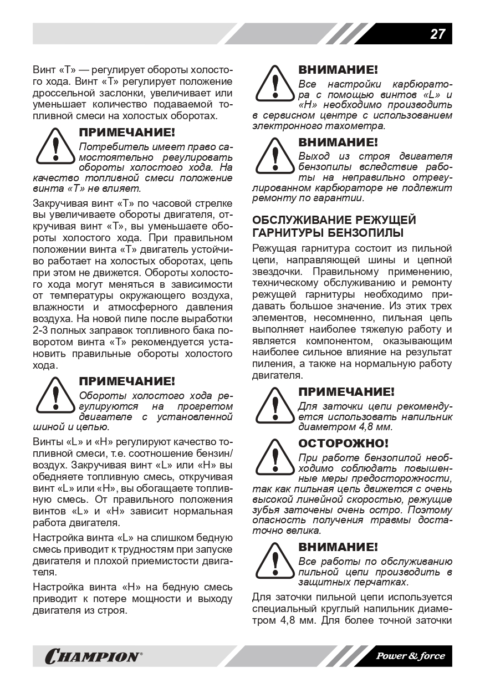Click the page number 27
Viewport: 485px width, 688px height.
click(x=437, y=34)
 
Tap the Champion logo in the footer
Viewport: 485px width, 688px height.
click(x=94, y=656)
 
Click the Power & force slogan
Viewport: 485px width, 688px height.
click(x=411, y=656)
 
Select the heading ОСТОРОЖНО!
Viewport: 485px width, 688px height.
click(x=343, y=444)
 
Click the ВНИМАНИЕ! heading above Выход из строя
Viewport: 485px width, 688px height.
click(x=338, y=142)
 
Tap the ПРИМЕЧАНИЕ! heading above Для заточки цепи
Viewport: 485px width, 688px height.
click(x=346, y=392)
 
